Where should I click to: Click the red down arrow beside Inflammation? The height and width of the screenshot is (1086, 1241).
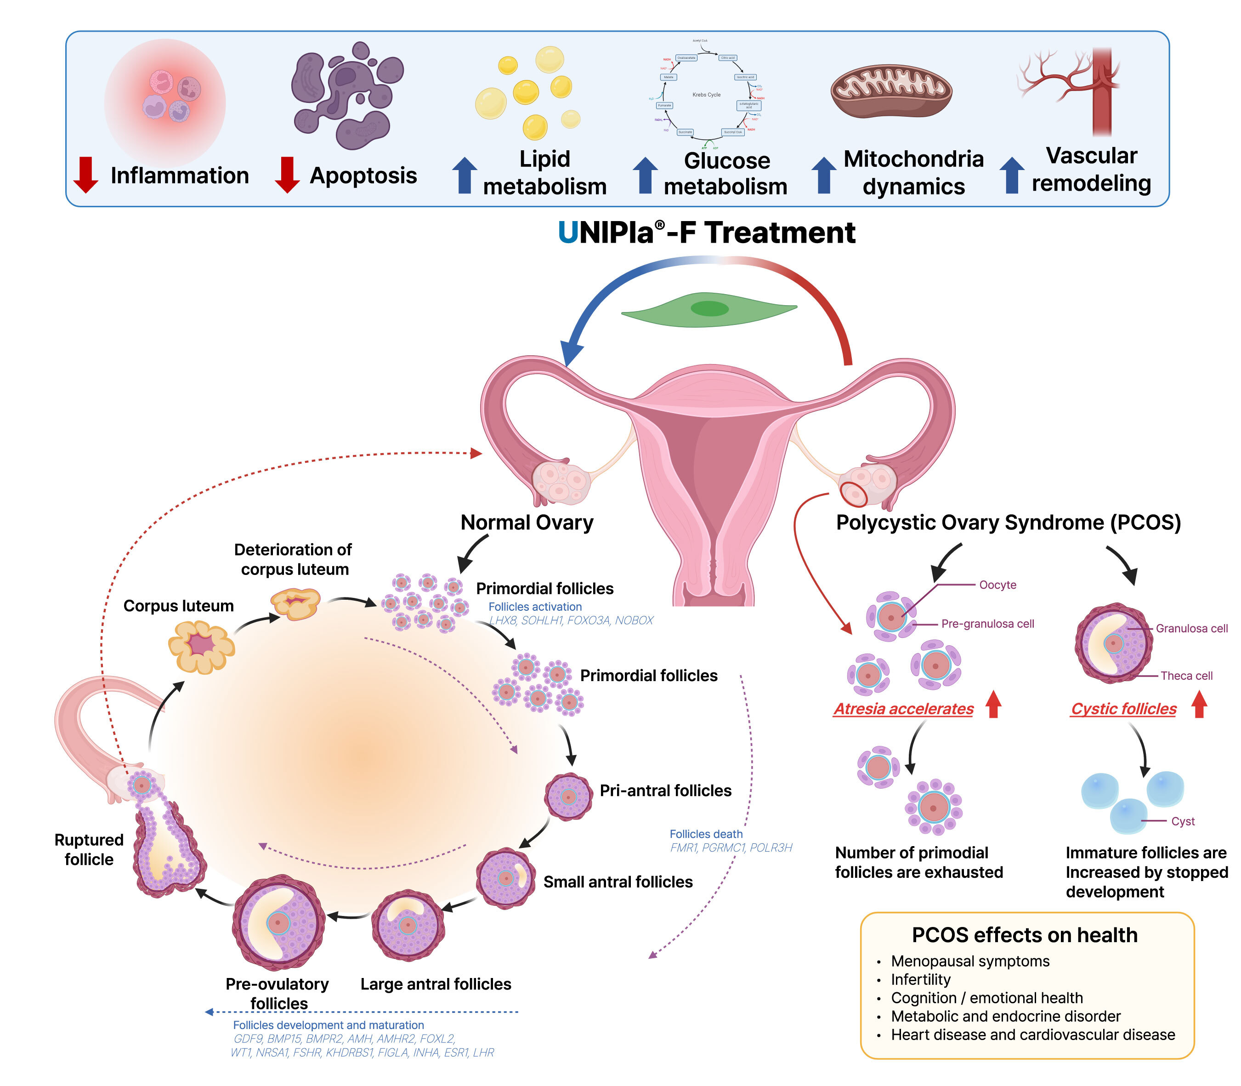(85, 175)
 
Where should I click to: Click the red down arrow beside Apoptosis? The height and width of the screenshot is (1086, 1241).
(287, 175)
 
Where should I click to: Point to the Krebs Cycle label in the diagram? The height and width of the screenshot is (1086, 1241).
(706, 95)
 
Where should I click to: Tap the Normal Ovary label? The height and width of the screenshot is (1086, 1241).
(527, 523)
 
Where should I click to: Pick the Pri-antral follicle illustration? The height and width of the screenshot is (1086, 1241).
(568, 796)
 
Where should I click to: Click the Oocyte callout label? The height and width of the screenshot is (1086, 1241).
(997, 585)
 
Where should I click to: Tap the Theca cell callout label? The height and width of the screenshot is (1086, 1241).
(1186, 676)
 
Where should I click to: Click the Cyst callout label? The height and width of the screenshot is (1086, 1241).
(1182, 821)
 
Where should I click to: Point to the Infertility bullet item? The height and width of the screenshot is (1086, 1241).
(920, 979)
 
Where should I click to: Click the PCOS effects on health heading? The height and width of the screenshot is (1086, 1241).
(1024, 935)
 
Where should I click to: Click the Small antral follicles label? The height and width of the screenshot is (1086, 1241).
(618, 882)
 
